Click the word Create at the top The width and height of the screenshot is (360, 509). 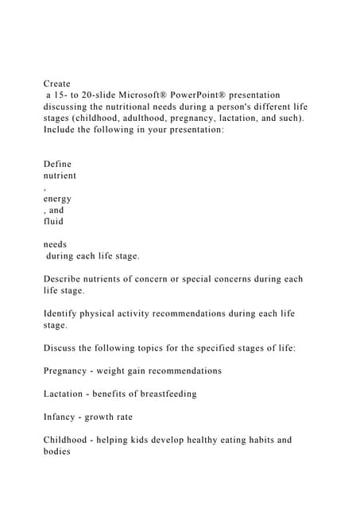(x=57, y=83)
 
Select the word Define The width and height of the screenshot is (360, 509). (x=58, y=164)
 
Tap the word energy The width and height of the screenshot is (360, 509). (x=58, y=199)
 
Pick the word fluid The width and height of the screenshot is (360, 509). (x=54, y=221)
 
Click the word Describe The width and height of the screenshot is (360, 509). (x=65, y=279)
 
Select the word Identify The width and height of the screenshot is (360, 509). (x=64, y=313)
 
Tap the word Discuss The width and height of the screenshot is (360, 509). (x=62, y=348)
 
